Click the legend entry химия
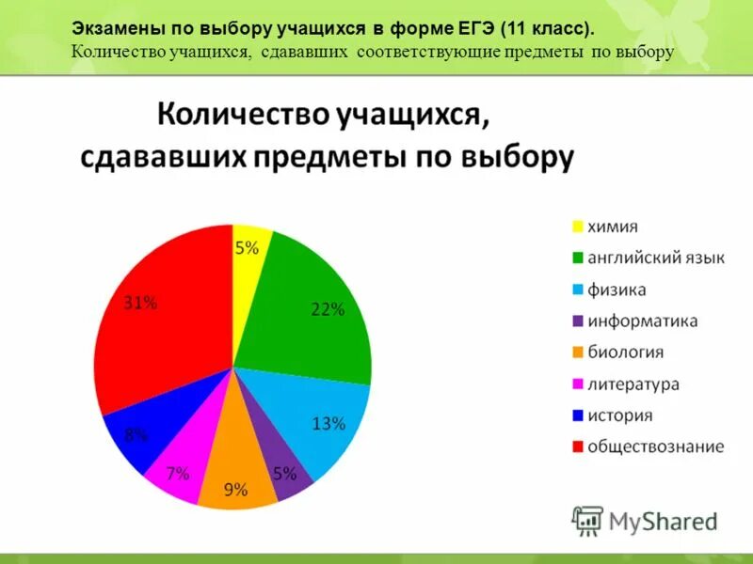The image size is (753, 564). pyautogui.click(x=613, y=227)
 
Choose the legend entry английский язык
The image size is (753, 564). pyautogui.click(x=655, y=258)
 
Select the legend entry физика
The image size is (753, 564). pyautogui.click(x=617, y=290)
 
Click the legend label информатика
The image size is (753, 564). pyautogui.click(x=642, y=321)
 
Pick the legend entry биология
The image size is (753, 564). pyautogui.click(x=625, y=352)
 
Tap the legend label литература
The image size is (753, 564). pyautogui.click(x=633, y=384)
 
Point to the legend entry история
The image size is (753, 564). pyautogui.click(x=619, y=415)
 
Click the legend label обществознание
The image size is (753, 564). pyautogui.click(x=655, y=446)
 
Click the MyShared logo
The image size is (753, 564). pyautogui.click(x=646, y=521)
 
